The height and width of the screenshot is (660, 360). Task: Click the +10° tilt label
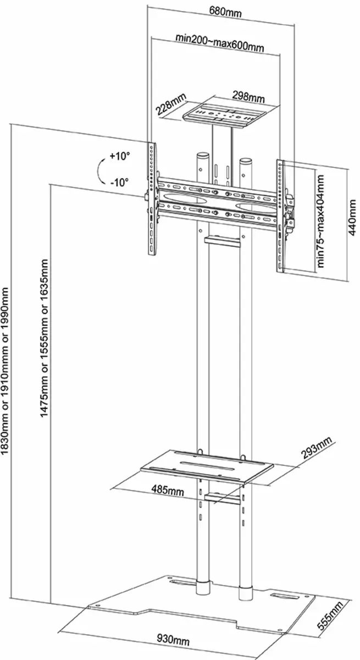pos(120,156)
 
